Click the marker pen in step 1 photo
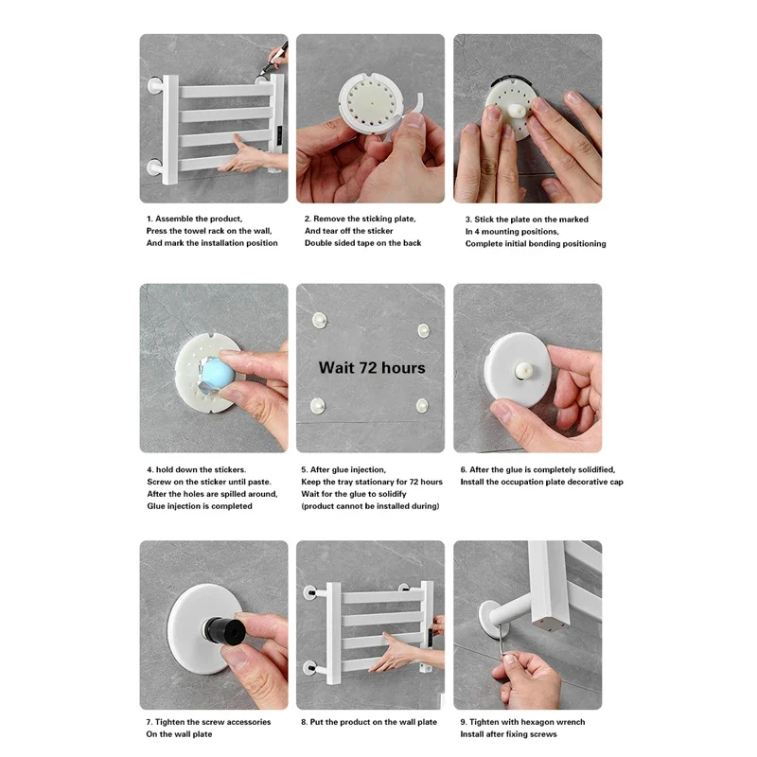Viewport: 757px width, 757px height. (x=274, y=58)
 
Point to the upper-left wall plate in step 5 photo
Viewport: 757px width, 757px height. (x=319, y=320)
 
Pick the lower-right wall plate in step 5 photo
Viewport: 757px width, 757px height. (x=422, y=406)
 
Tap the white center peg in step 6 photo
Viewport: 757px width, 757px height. (x=523, y=371)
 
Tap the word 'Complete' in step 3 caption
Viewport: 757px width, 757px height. (x=484, y=244)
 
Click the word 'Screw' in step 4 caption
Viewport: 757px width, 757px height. (x=159, y=482)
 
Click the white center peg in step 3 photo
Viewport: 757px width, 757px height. (x=518, y=112)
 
